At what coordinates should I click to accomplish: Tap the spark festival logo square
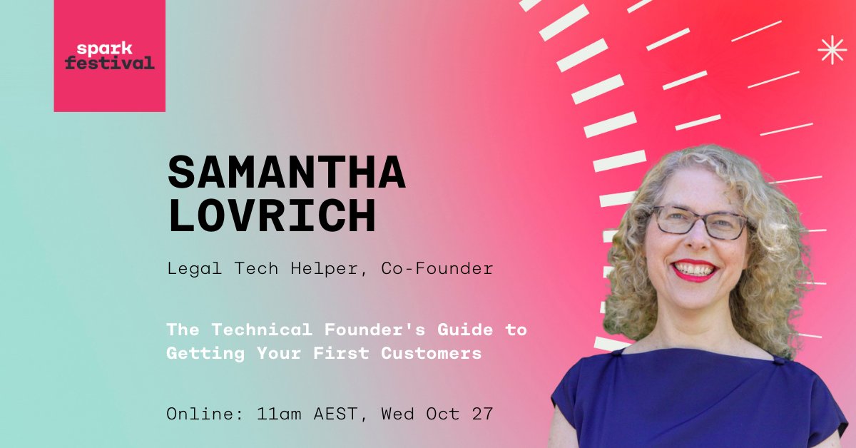click(109, 56)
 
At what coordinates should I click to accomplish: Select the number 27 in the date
click(483, 414)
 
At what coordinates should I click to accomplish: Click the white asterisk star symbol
click(832, 50)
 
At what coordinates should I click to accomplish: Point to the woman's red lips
click(694, 270)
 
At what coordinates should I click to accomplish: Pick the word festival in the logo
click(109, 63)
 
